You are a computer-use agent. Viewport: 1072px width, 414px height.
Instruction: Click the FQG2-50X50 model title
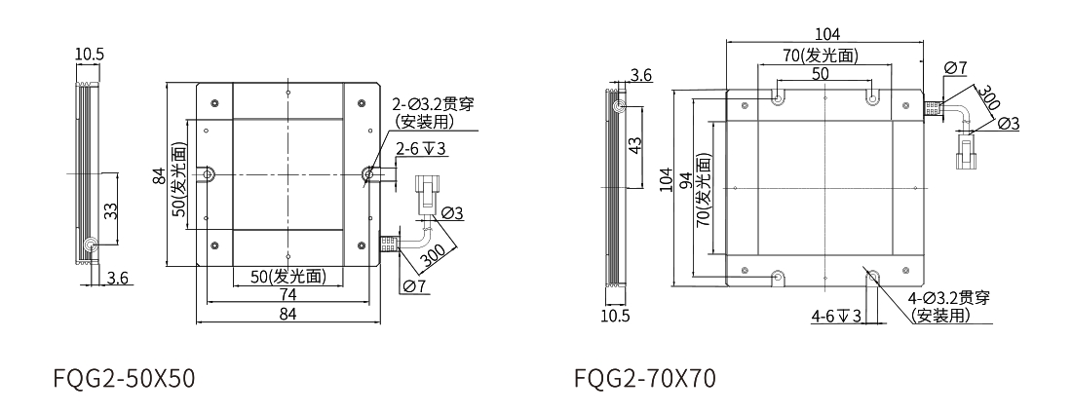pyautogui.click(x=125, y=377)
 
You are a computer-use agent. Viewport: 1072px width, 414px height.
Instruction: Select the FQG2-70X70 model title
pyautogui.click(x=645, y=377)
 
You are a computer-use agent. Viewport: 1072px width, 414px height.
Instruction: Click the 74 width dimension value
pyautogui.click(x=287, y=294)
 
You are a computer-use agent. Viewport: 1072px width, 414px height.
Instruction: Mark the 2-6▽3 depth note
pyautogui.click(x=421, y=149)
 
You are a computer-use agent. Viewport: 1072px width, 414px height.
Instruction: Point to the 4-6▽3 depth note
pyautogui.click(x=835, y=316)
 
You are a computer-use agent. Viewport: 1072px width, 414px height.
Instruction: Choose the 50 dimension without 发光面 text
pyautogui.click(x=821, y=73)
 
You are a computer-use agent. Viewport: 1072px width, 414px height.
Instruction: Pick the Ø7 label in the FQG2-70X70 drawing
pyautogui.click(x=955, y=67)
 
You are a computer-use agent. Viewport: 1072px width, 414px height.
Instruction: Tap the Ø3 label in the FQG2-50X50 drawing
pyautogui.click(x=452, y=212)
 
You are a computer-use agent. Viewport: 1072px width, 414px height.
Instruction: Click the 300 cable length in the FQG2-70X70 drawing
pyautogui.click(x=986, y=97)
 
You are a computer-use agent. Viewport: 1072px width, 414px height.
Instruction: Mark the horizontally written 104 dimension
pyautogui.click(x=824, y=34)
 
